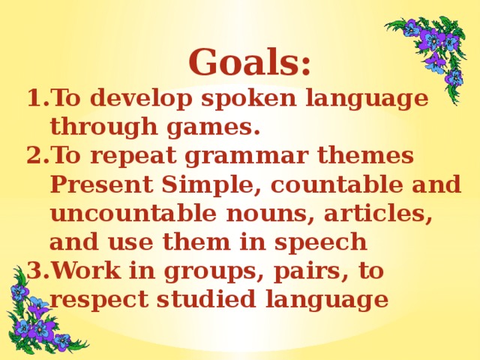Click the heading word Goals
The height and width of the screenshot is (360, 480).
pyautogui.click(x=250, y=63)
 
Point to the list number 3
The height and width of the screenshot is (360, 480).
pyautogui.click(x=34, y=271)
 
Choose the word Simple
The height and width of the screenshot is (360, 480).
pyautogui.click(x=210, y=186)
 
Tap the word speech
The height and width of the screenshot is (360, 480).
pyautogui.click(x=321, y=244)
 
